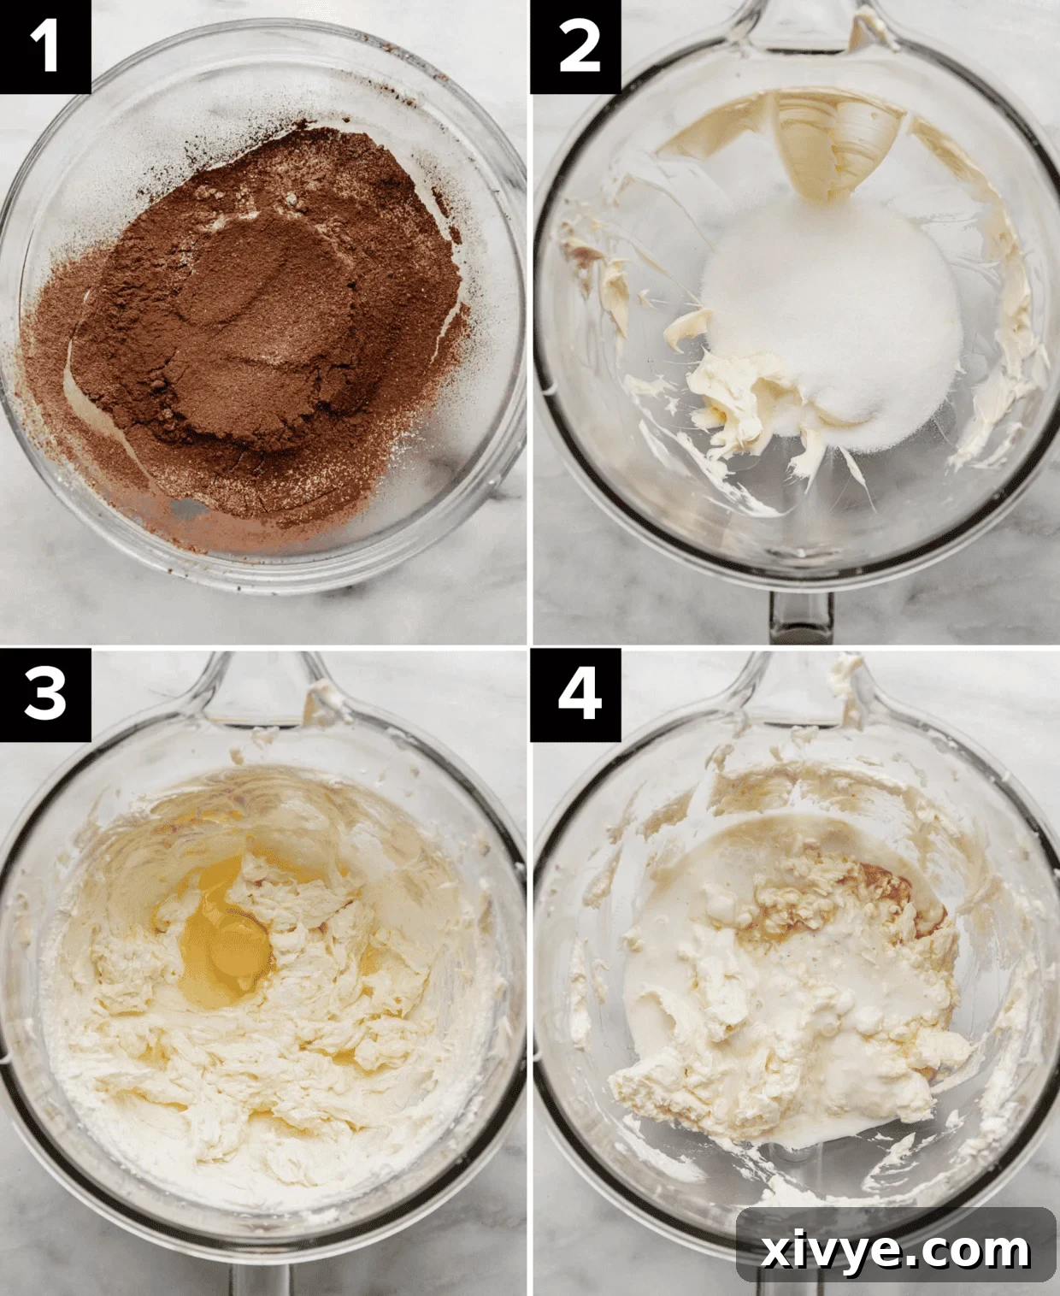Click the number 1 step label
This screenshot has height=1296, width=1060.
pos(44,46)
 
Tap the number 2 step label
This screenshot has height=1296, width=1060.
pos(575,46)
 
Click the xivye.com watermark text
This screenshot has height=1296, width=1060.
pos(895,1251)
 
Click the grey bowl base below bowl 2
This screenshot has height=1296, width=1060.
pos(799,617)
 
